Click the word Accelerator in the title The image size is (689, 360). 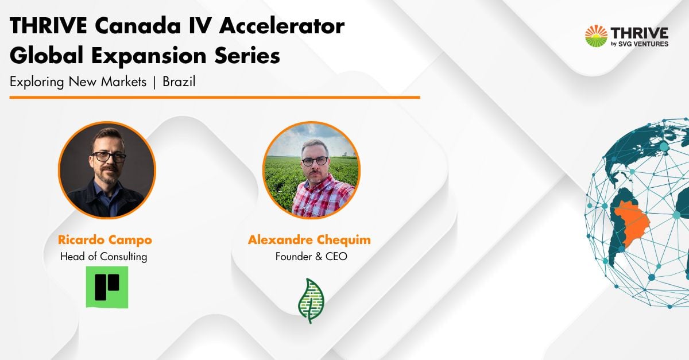281,26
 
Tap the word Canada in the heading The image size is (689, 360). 137,26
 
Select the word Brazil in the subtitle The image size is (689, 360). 179,82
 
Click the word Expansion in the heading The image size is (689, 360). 149,56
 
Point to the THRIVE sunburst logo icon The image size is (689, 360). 596,36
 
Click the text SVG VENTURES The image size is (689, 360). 643,44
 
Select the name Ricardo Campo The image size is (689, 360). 105,239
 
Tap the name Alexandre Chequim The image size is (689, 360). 309,239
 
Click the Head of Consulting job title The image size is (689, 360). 104,257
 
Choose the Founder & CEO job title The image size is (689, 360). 311,256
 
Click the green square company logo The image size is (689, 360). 107,287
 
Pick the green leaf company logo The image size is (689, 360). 311,301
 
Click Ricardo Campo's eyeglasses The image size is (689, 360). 109,157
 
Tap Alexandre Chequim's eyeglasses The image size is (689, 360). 315,161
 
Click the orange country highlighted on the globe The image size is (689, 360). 630,222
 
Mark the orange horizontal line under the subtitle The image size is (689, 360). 215,98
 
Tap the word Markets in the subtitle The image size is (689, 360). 124,82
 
